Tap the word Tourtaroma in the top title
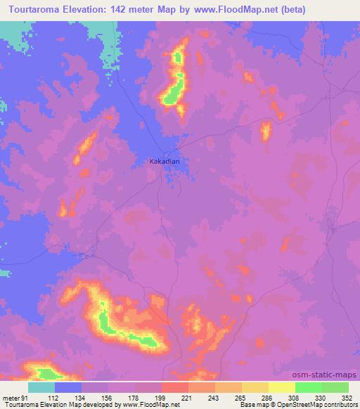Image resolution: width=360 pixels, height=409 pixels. pyautogui.click(x=32, y=10)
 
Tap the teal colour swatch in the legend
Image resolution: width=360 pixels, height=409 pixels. pyautogui.click(x=41, y=388)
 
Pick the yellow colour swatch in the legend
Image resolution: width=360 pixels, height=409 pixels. pyautogui.click(x=282, y=388)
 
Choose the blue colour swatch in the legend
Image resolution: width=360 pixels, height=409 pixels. pyautogui.click(x=68, y=388)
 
